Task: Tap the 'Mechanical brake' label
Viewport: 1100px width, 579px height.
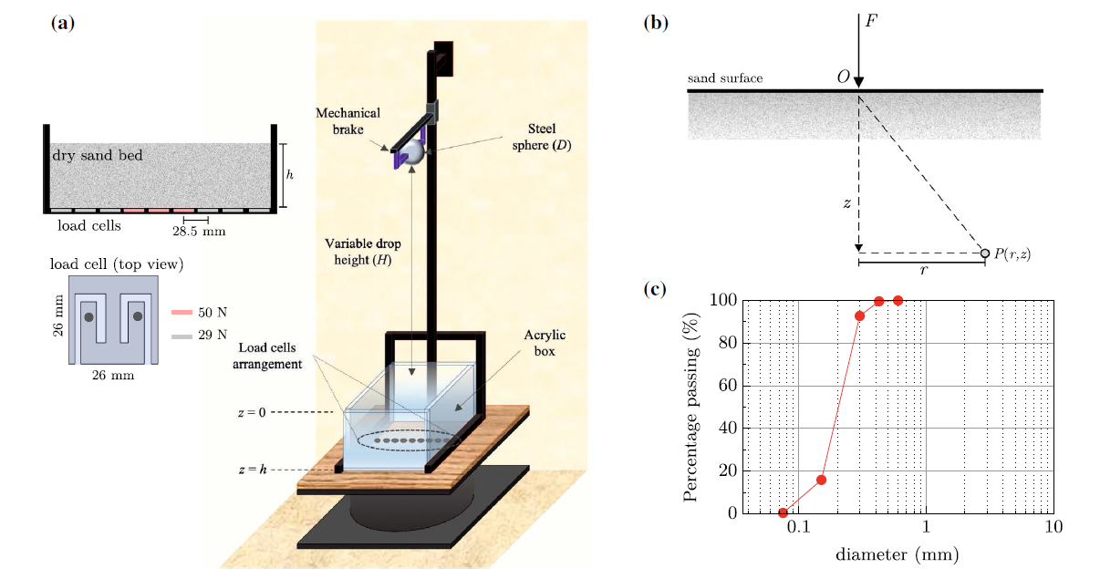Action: point(348,121)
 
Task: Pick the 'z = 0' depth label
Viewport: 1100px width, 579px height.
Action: point(252,412)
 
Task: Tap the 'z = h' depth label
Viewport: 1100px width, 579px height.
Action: point(252,470)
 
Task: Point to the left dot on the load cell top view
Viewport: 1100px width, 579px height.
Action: point(89,316)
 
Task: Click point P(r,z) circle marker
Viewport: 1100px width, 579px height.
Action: point(985,253)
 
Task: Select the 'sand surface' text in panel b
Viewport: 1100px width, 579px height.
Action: point(725,78)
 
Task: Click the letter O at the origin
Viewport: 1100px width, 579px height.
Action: point(843,78)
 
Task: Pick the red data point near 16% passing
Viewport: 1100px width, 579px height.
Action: point(822,480)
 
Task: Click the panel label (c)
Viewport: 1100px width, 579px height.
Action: point(655,291)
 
